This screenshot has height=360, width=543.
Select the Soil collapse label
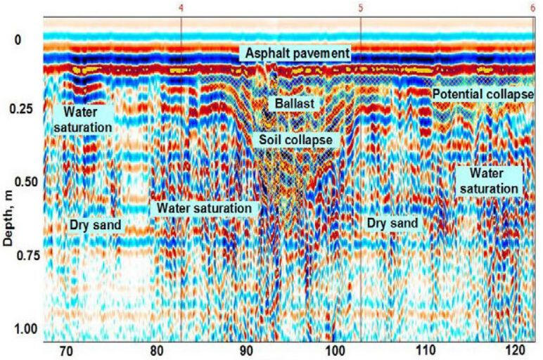[295, 140]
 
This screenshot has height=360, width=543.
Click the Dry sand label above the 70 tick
[96, 226]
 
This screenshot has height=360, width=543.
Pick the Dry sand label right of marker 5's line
[392, 224]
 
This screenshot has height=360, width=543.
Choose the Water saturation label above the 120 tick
[487, 181]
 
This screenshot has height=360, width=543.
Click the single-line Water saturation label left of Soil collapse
[204, 209]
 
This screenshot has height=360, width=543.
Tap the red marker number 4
[181, 8]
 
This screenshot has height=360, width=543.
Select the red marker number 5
[360, 8]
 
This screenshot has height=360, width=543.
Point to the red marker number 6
[533, 8]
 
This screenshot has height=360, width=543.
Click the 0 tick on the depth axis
[19, 40]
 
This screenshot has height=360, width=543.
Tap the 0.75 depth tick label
[20, 255]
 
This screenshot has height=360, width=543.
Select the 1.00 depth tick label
[20, 329]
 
